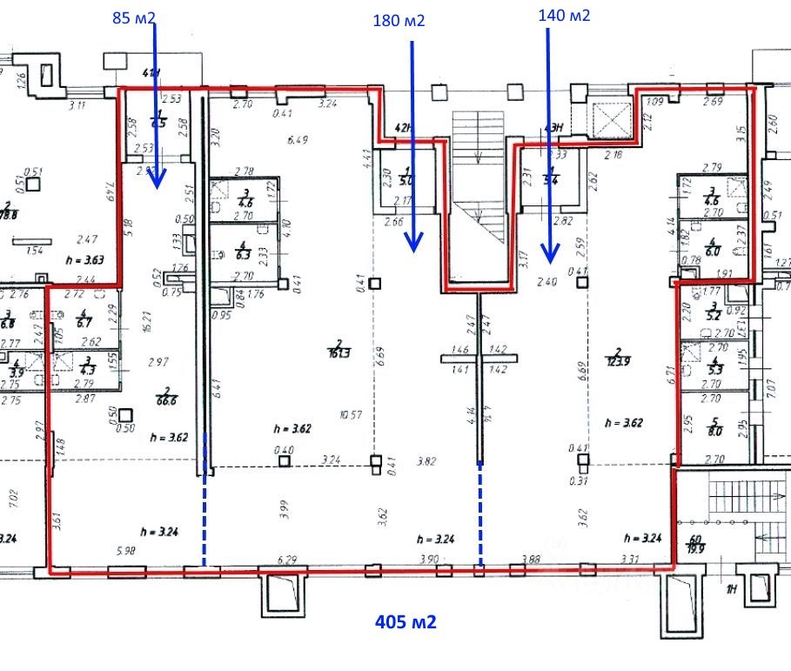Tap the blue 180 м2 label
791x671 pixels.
pyautogui.click(x=398, y=21)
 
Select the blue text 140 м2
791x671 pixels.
pyautogui.click(x=564, y=15)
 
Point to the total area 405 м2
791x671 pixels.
pyautogui.click(x=405, y=621)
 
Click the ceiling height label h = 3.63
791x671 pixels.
pyautogui.click(x=84, y=260)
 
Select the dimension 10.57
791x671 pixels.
pyautogui.click(x=352, y=415)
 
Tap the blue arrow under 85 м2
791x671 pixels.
pyautogui.click(x=156, y=104)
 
